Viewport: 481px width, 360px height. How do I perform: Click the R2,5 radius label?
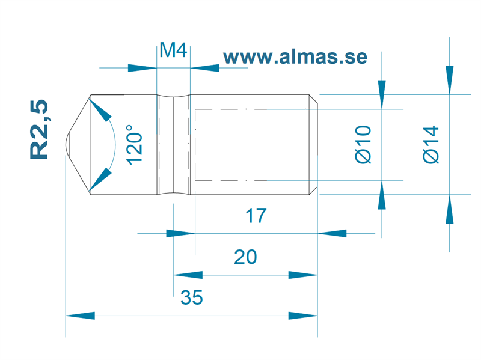coord(39,129)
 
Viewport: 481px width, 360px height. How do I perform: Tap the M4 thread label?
coord(173,50)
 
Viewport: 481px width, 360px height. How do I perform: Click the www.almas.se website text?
coord(295,57)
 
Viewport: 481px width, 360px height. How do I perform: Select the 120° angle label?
coord(134,145)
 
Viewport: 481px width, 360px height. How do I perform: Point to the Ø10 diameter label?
coord(363,144)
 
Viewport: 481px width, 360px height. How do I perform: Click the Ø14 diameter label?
coord(430,144)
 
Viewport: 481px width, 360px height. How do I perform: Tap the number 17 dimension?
coord(256,216)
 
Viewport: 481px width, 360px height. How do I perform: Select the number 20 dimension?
coord(245,257)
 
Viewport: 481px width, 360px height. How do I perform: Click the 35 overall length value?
coord(192,297)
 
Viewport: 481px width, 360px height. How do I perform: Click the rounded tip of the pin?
coord(66,144)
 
